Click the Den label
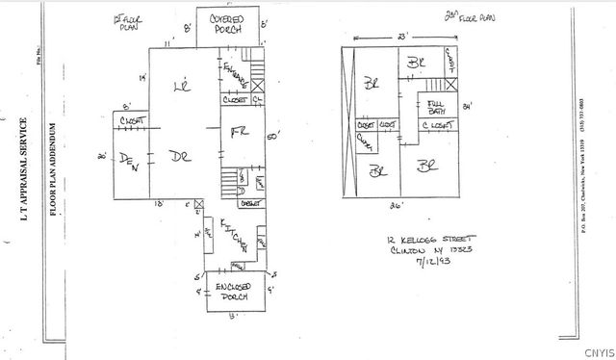pos(129,161)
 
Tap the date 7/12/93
pos(427,260)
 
